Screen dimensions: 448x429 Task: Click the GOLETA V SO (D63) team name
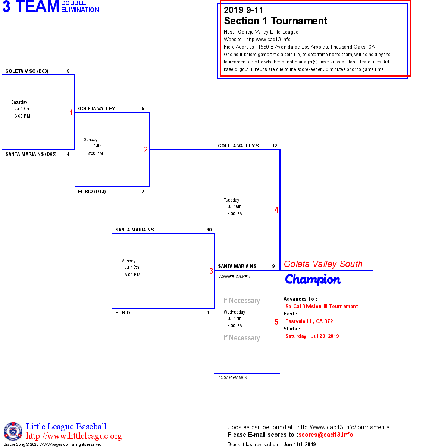pos(27,71)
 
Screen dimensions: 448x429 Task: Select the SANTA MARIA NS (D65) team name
pos(31,154)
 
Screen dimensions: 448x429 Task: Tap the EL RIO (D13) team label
pos(92,192)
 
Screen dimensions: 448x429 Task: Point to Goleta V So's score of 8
pos(68,71)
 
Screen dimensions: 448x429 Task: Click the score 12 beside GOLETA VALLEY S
pos(275,146)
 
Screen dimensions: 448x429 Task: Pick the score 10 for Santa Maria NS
pos(209,230)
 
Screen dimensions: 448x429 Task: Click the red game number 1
pos(71,112)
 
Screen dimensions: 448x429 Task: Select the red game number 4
pos(276,210)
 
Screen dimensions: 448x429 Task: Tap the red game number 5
pos(276,322)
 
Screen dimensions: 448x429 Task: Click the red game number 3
pos(211,271)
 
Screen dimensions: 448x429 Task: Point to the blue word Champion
pos(313,279)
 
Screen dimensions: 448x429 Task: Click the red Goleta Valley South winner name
pos(323,264)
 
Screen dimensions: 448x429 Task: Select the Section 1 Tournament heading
pos(275,21)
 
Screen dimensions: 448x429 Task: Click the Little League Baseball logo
pos(13,431)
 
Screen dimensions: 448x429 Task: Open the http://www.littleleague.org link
pos(74,436)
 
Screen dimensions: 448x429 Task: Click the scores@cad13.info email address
pos(326,435)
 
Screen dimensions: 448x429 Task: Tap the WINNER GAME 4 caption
pos(234,277)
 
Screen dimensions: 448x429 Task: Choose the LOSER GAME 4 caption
pos(233,377)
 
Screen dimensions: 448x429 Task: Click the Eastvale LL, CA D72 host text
pos(309,321)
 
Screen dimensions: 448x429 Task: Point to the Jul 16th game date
pos(234,206)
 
